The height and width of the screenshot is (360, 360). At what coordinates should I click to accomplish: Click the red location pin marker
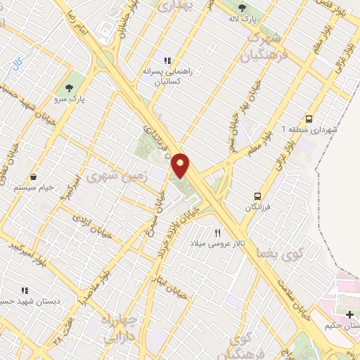[x=181, y=165]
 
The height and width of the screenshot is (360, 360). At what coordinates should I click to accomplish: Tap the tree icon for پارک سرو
[x=69, y=88]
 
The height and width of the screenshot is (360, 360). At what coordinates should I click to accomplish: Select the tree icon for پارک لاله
[x=243, y=8]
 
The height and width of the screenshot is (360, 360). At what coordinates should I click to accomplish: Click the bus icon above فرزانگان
[x=258, y=196]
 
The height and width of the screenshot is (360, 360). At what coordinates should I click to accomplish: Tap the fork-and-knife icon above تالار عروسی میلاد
[x=217, y=232]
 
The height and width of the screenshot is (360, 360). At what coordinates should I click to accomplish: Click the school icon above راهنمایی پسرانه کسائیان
[x=167, y=60]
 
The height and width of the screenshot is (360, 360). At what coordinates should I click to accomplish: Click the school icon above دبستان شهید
[x=25, y=290]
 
